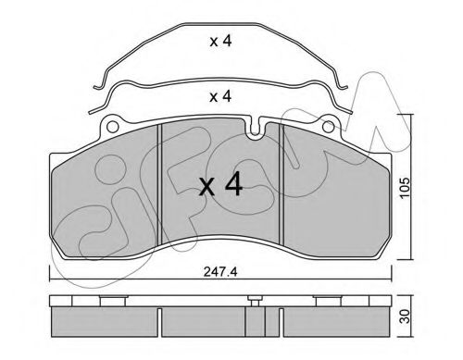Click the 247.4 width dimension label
pyautogui.click(x=220, y=272)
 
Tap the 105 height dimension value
pyautogui.click(x=406, y=187)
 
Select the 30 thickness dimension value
pyautogui.click(x=407, y=317)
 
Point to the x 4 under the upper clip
pyautogui.click(x=220, y=41)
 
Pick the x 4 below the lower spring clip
pyautogui.click(x=220, y=96)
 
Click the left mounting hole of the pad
pyautogui.click(x=112, y=127)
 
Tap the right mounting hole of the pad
pyautogui.click(x=328, y=127)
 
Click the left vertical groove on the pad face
pyautogui.click(x=159, y=184)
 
